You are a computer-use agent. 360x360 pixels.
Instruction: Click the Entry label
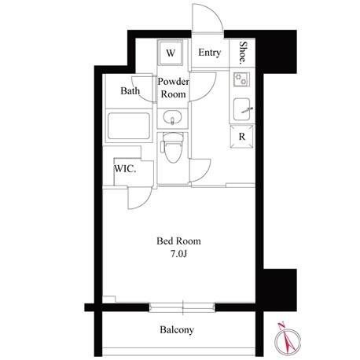pos(209,53)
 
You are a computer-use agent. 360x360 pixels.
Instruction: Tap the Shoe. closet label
pos(243,53)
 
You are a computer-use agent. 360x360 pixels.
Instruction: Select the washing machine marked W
pos(171,53)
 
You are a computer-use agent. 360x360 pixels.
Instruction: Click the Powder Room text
pos(173,88)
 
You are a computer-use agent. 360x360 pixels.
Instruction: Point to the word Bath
pos(130,91)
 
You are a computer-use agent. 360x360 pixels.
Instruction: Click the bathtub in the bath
pos(129,126)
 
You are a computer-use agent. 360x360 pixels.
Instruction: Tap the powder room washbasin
pos(172,118)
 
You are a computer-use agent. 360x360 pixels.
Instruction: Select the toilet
pos(172,148)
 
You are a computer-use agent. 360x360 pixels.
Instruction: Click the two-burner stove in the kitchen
pos(241,79)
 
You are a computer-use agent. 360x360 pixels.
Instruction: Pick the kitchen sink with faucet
pos(242,109)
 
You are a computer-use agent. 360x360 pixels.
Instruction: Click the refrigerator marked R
pos(242,137)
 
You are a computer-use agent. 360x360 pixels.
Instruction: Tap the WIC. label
pos(125,169)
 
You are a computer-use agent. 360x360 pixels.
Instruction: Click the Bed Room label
pos(178,241)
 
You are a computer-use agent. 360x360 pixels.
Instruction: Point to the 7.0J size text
pos(178,254)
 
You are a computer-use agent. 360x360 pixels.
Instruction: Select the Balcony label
pos(177,329)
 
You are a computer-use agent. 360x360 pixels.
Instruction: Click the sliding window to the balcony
pos(182,307)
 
